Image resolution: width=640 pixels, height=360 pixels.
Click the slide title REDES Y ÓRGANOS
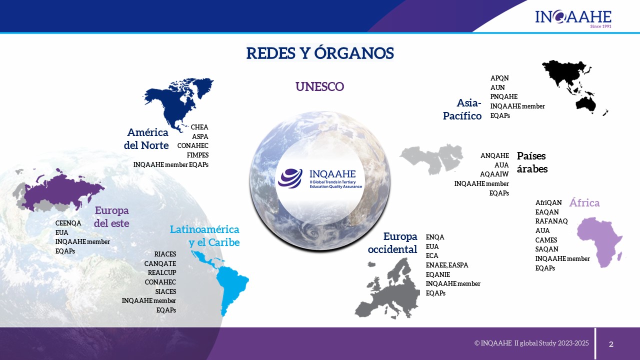click(x=320, y=53)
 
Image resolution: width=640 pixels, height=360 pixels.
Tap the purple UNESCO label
click(x=319, y=86)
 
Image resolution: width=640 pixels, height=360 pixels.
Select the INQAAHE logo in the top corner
click(x=573, y=18)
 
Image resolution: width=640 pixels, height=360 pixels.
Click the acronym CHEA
click(x=199, y=127)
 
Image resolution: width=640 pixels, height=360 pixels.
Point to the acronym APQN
click(x=499, y=78)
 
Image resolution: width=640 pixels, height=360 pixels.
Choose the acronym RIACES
click(x=165, y=254)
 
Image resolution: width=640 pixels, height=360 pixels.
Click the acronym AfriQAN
click(x=548, y=202)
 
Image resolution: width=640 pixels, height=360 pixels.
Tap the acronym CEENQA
click(x=68, y=223)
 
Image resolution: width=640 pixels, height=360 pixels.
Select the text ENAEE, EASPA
click(x=447, y=265)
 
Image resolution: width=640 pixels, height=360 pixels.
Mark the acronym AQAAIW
click(x=494, y=174)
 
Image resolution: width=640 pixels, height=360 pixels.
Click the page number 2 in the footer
click(x=611, y=344)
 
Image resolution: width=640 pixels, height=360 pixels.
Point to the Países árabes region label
click(x=532, y=162)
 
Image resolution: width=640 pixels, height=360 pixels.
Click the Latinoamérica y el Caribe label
click(x=204, y=235)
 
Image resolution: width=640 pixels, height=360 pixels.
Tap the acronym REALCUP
click(x=162, y=272)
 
